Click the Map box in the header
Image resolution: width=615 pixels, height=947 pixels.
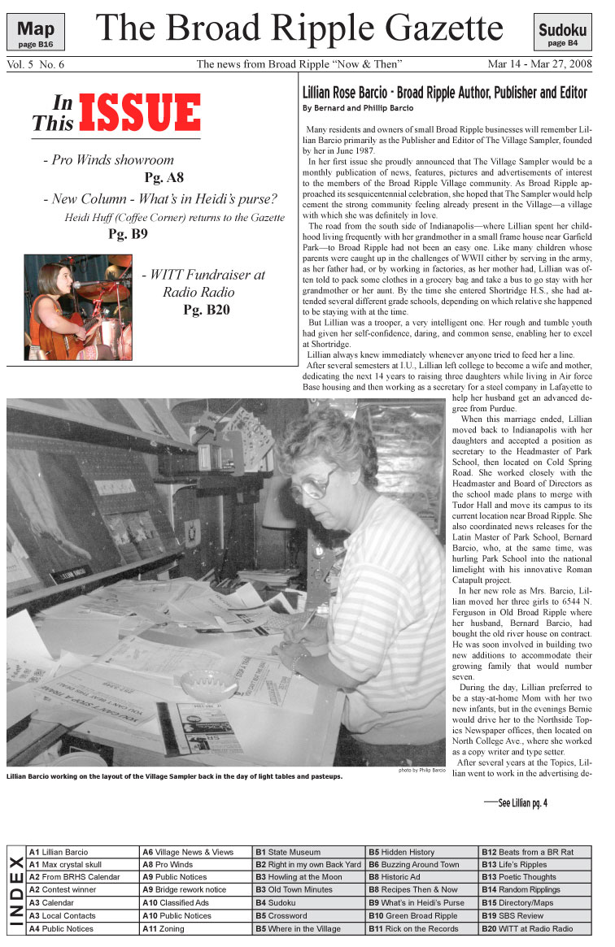[x=36, y=32]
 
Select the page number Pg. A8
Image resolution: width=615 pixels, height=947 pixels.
[x=164, y=177]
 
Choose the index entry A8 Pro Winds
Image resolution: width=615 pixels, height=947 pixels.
[x=168, y=864]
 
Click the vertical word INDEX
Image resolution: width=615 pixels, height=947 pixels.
[x=15, y=889]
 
